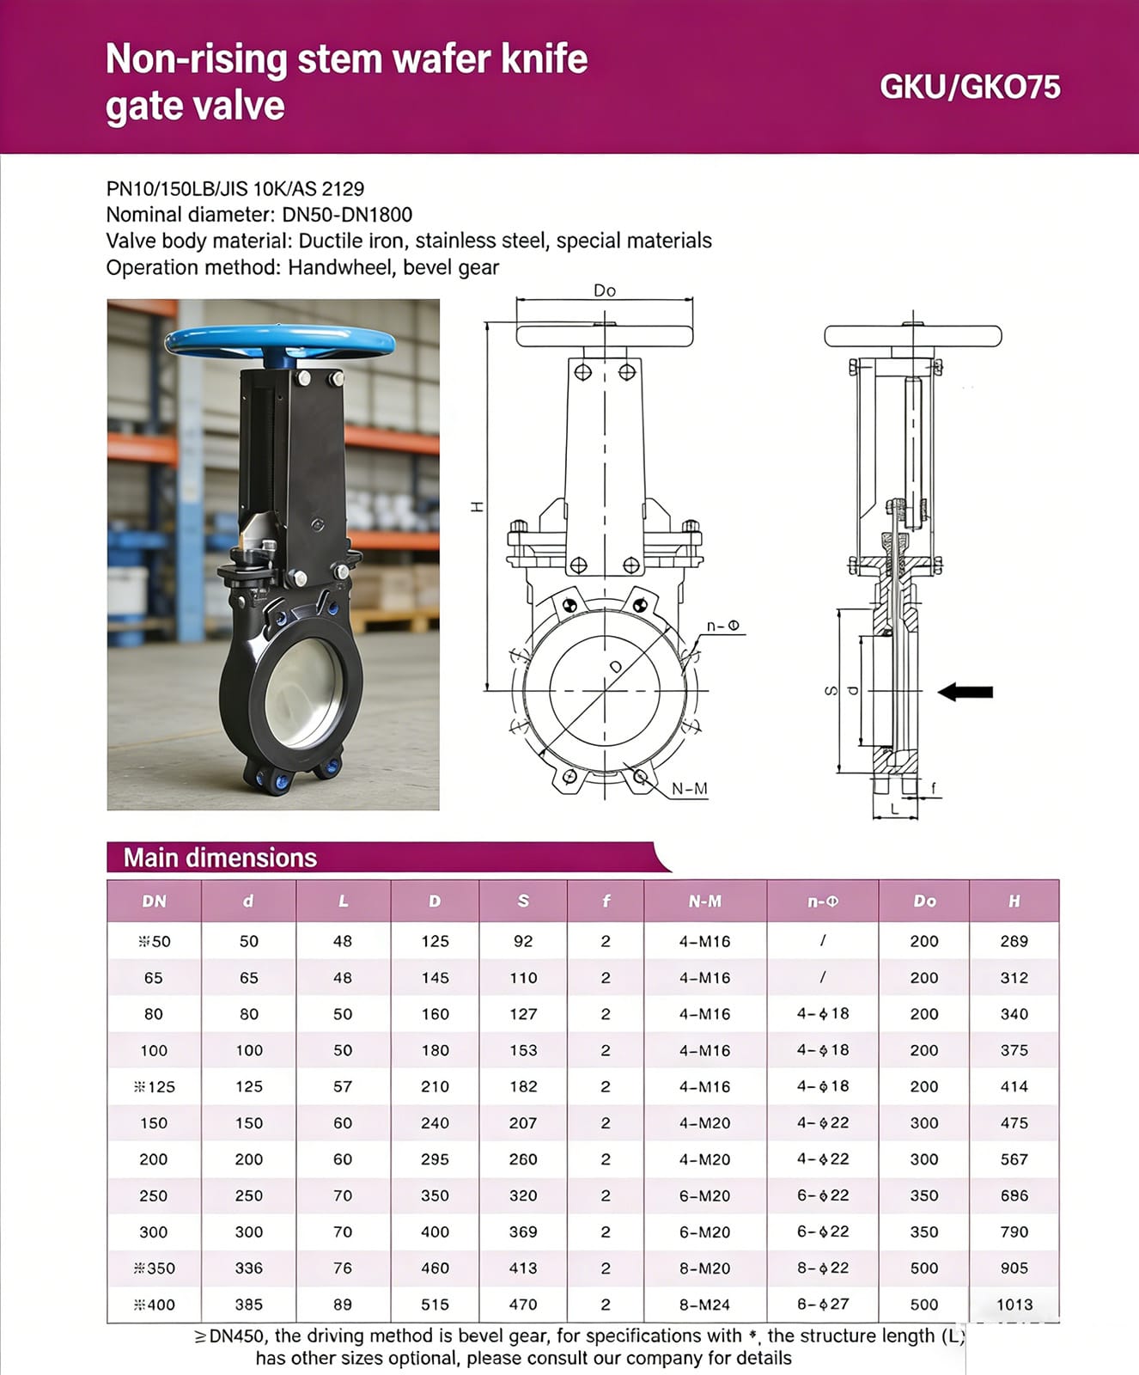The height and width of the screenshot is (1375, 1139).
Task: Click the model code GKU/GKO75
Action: coord(970,87)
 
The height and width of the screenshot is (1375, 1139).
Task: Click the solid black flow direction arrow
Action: coord(965,691)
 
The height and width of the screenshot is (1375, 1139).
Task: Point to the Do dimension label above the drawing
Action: coord(605,290)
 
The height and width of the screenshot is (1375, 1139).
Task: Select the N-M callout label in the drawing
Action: coord(689,788)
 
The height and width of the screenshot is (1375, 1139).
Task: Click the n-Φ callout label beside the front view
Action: coord(722,626)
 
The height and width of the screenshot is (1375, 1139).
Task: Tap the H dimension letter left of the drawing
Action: coord(478,507)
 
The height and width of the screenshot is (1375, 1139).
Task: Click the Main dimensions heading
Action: coord(220,858)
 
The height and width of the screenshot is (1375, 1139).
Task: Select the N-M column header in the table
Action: coord(704,901)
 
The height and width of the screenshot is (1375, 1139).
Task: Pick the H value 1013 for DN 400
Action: coord(1014,1304)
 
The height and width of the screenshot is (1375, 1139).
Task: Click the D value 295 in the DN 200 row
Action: coord(435,1158)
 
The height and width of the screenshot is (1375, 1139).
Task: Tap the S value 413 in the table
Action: coord(522,1268)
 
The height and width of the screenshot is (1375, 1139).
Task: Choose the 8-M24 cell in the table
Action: coord(704,1304)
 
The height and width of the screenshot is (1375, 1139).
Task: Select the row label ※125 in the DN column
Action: coord(155,1086)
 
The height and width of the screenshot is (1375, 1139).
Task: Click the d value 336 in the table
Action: coord(248,1268)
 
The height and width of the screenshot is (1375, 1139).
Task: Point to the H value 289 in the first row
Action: coord(1014,941)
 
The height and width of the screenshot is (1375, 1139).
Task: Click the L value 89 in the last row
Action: coord(343,1304)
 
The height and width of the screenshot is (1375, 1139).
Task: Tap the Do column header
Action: coord(924,901)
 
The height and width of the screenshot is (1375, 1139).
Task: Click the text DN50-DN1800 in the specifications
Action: coord(347,214)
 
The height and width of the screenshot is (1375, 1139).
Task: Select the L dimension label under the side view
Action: coord(894,809)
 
